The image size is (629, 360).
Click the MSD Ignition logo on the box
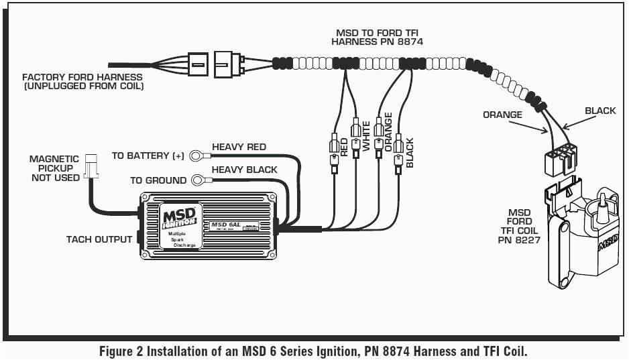click(x=179, y=219)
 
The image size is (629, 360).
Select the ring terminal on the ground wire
click(x=198, y=180)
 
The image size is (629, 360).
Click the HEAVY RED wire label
click(x=239, y=147)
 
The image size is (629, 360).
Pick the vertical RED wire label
click(x=344, y=147)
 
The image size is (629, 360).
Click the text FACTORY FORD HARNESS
click(x=82, y=77)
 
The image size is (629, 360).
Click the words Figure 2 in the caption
click(x=121, y=351)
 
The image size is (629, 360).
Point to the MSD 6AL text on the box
click(x=223, y=224)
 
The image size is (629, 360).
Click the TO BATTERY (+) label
click(x=148, y=156)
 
